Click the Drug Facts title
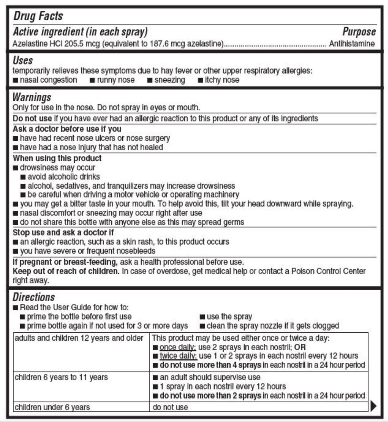click(38, 16)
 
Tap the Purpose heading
click(359, 32)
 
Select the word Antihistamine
click(352, 44)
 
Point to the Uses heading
click(23, 60)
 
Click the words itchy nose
click(222, 80)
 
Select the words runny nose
click(115, 80)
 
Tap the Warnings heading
click(32, 97)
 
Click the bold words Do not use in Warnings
click(32, 119)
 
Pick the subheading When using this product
click(57, 159)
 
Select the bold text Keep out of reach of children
click(66, 271)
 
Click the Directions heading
click(34, 297)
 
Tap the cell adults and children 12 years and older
click(79, 338)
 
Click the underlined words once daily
click(178, 347)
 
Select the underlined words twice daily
click(178, 356)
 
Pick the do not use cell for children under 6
click(170, 407)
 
